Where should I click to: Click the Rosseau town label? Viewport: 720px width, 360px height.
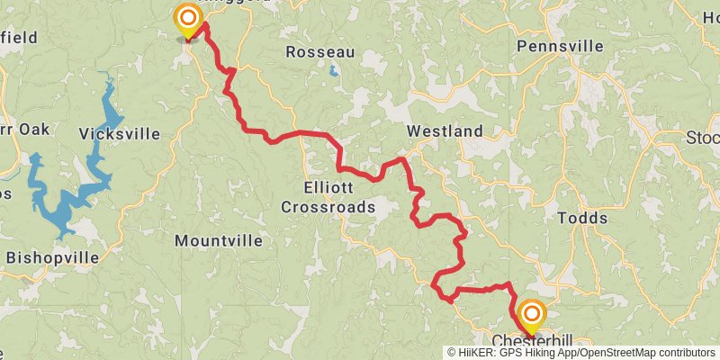(320, 52)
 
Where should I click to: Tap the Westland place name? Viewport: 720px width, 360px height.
(445, 131)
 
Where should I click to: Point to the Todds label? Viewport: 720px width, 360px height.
(582, 218)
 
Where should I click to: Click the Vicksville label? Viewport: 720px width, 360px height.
(120, 134)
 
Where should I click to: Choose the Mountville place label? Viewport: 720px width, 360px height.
(219, 241)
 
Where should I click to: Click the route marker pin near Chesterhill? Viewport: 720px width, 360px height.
(532, 314)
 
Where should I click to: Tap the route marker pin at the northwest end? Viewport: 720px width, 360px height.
(187, 18)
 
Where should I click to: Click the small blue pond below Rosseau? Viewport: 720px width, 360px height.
(334, 70)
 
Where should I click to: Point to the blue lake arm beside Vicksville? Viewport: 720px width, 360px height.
(108, 108)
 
